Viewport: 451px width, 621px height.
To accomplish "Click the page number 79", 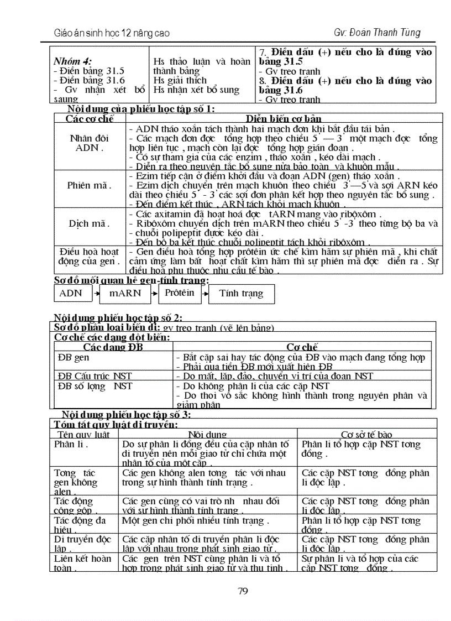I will tap(242, 591).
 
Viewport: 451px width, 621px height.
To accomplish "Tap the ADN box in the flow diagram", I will tap(70, 293).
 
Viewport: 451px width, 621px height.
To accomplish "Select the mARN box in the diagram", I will tap(125, 294).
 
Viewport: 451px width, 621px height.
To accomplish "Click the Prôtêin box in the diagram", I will tap(180, 293).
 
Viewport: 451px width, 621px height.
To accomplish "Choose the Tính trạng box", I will tap(241, 294).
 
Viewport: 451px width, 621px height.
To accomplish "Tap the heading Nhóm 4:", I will tap(72, 62).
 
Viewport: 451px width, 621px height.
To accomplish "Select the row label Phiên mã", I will tap(90, 185).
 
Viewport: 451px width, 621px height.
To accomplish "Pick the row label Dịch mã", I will tap(90, 223).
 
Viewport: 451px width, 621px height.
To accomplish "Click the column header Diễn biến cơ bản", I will tap(284, 118).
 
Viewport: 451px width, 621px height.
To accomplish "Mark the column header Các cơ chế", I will tap(90, 118).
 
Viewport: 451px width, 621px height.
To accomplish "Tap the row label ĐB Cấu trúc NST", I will tap(95, 376).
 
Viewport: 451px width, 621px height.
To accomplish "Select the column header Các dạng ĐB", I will tap(113, 347).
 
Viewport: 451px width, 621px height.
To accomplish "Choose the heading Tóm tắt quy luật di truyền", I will tap(116, 425).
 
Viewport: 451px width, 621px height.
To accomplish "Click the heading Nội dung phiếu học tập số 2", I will tap(118, 317).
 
